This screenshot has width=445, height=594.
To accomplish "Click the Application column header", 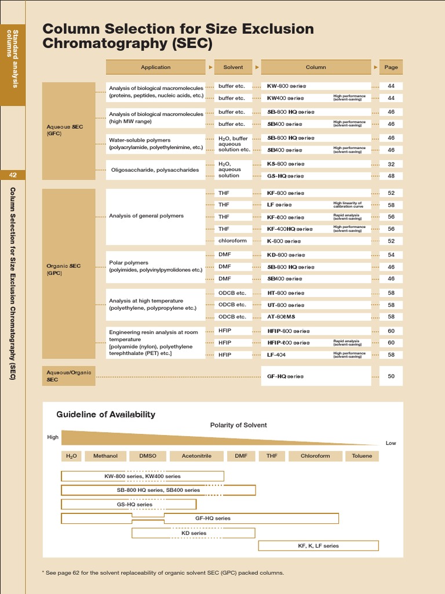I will tap(155, 67).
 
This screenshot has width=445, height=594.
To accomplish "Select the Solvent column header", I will tap(233, 67).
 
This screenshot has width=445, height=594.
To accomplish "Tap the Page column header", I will tap(391, 67).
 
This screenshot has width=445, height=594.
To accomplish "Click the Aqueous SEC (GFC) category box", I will tap(68, 131).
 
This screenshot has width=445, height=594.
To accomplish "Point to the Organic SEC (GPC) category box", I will tap(68, 269).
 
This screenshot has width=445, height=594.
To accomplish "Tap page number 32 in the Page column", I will tap(391, 164).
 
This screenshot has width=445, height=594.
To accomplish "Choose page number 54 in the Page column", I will tap(391, 255).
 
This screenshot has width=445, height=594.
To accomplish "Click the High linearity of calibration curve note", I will tap(348, 205).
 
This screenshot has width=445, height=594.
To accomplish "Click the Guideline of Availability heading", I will tap(105, 414).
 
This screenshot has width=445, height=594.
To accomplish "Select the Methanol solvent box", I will tap(105, 456).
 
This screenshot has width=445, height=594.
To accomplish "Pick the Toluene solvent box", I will tap(362, 456).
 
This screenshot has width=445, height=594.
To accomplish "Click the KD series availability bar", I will tap(194, 533).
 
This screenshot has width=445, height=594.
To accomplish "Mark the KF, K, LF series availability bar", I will tap(318, 545).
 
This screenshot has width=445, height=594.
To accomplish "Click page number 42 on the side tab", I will tap(13, 175).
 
